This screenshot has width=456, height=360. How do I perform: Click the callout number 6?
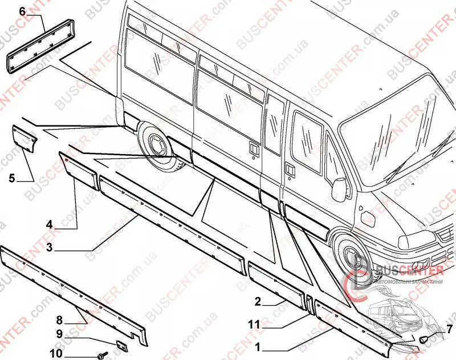[22, 11]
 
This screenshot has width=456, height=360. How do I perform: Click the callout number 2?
[257, 301]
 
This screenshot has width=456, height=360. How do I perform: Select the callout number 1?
[257, 346]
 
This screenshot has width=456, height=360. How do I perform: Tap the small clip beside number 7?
[424, 339]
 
